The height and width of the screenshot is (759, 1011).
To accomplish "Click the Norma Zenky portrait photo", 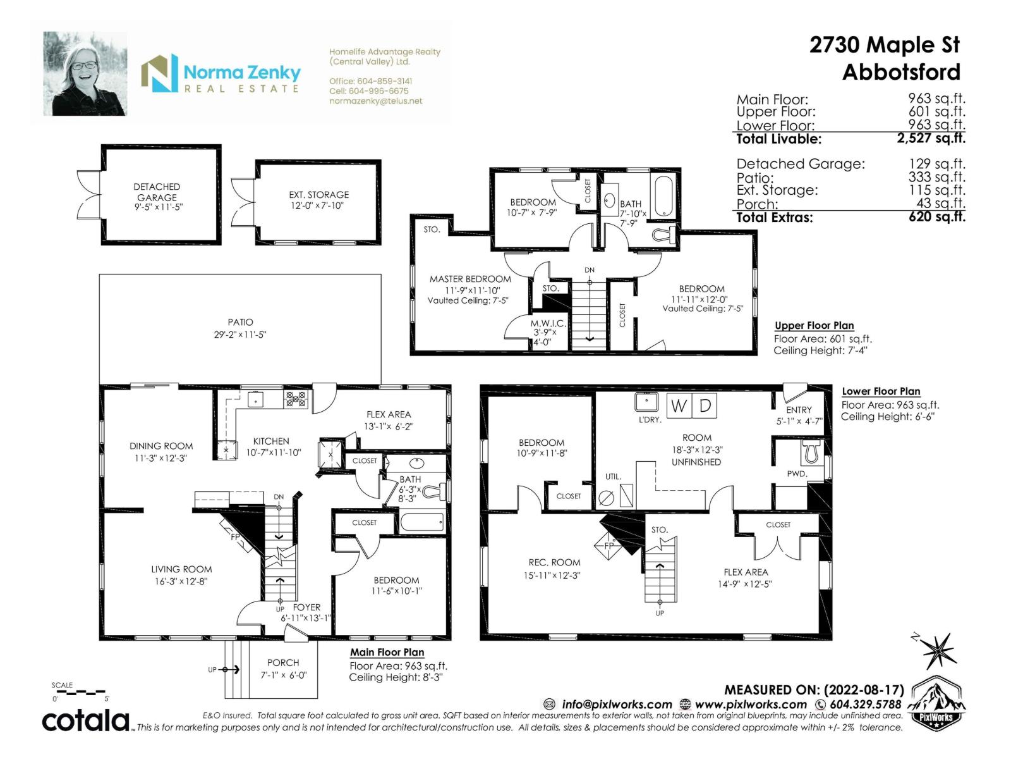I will point(85,74).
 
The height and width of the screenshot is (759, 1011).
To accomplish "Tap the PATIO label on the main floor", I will point(240,323).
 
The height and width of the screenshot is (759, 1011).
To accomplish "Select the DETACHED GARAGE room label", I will point(157,192).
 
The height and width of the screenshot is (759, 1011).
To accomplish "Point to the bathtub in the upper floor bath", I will point(665,195).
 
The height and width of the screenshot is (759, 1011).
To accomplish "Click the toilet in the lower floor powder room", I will point(811,452).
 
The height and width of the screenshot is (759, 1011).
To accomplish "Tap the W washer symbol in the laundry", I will point(679,405).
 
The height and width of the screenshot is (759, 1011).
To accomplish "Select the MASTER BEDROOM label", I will point(470,279).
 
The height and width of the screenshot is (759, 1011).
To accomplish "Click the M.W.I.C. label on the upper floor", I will point(547,323).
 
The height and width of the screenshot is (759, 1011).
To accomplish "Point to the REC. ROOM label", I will point(554,562).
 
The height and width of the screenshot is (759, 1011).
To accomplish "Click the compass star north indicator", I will point(939,650).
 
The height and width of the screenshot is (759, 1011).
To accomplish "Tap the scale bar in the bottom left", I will point(80,693).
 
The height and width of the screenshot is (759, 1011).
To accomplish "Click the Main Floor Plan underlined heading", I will point(387,652).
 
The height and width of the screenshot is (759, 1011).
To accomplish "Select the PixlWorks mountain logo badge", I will point(937,701).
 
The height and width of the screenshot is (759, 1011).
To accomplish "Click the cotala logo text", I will point(85,720).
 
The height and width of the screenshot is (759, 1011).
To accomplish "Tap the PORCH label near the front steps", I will point(282,662).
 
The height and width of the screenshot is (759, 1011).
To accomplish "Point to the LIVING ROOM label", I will point(181,569).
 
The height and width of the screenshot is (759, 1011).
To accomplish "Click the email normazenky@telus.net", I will point(375,101).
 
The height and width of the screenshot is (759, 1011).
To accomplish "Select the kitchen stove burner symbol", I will point(296,398).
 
